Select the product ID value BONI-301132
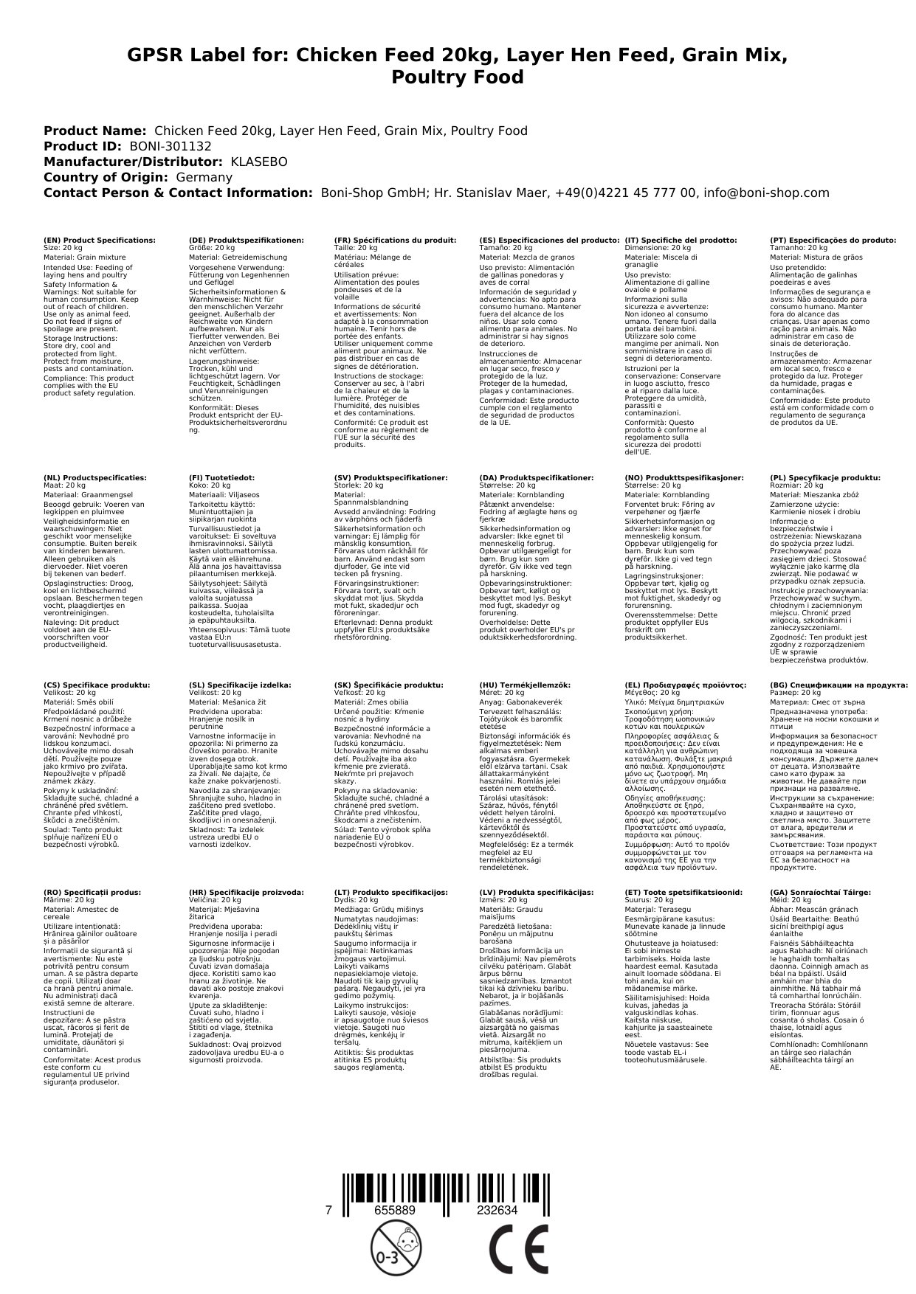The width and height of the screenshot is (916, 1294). [x=171, y=146]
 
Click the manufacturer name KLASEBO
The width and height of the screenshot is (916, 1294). [x=259, y=162]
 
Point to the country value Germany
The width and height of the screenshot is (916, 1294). [x=204, y=177]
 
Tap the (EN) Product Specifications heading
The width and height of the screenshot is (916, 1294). [x=100, y=241]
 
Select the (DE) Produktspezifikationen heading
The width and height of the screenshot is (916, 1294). [x=247, y=241]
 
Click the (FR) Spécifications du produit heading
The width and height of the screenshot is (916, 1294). [x=395, y=241]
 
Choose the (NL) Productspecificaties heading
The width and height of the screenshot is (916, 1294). [x=95, y=478]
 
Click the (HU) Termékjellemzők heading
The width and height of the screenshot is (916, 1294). [x=525, y=685]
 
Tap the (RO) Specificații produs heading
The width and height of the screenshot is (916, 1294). [x=92, y=893]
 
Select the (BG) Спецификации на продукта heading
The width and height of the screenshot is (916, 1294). [x=838, y=685]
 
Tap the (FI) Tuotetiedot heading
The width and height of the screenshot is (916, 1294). [x=222, y=478]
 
